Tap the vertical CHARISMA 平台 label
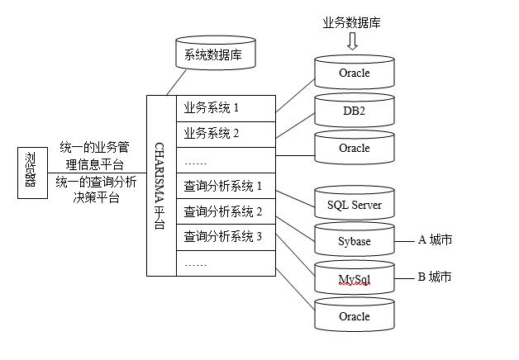pos(161,186)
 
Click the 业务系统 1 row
pos(224,107)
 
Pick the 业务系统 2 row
pos(224,133)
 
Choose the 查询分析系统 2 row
pos(224,211)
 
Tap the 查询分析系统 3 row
pos(224,237)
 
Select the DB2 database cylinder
pos(355,111)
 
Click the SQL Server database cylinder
pos(355,204)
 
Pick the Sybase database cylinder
pos(355,241)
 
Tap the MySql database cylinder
pos(355,279)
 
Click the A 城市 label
pos(436,240)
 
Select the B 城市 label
pos(435,277)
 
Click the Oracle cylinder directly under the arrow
pos(355,73)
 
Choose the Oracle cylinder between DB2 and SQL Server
pos(355,148)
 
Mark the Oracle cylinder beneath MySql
pos(355,315)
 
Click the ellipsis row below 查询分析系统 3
pos(224,263)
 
